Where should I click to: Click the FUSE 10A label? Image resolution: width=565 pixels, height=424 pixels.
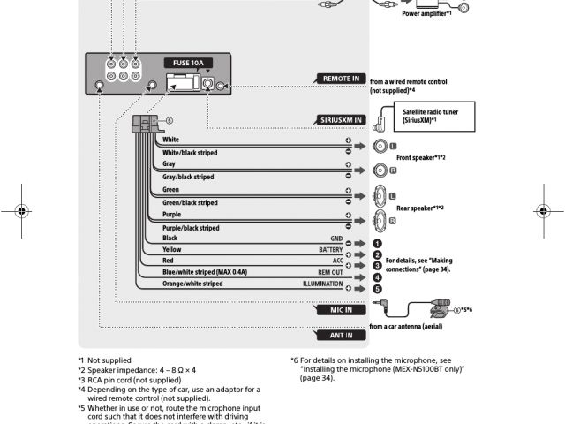[x=187, y=63]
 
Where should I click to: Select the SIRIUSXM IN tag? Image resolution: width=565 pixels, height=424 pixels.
[x=340, y=119]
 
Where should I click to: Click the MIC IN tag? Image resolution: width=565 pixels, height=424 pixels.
[x=340, y=310]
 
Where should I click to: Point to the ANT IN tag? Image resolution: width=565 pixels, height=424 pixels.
[x=340, y=336]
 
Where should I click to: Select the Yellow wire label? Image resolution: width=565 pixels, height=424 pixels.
[x=172, y=250]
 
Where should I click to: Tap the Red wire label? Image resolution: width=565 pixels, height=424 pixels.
[x=169, y=261]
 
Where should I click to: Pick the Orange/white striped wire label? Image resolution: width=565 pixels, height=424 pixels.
[x=192, y=284]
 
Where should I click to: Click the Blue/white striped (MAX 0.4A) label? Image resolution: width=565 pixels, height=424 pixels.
[x=205, y=273]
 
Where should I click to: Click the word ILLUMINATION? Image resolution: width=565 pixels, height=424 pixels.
[x=322, y=284]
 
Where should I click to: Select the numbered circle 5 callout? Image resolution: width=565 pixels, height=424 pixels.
[x=376, y=289]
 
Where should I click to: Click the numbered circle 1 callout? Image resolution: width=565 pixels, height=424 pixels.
[x=376, y=243]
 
